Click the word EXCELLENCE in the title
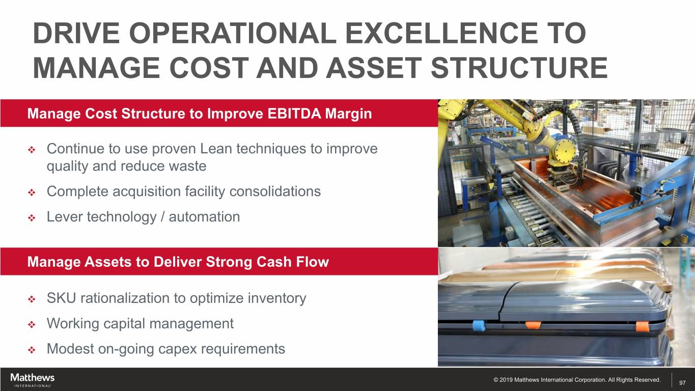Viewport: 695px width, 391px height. (x=441, y=33)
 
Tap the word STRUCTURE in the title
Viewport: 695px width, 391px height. (x=519, y=68)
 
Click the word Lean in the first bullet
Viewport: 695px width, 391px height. (x=216, y=149)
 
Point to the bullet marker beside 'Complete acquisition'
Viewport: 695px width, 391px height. (x=32, y=193)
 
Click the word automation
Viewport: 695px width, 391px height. (x=204, y=216)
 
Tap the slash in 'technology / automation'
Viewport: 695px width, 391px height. (x=162, y=217)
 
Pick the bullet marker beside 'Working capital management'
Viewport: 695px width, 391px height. (x=32, y=325)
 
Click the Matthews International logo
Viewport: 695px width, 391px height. (x=32, y=380)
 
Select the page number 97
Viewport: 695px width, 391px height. (x=682, y=383)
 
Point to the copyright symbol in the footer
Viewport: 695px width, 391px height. (x=496, y=380)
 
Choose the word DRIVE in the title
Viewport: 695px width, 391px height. (x=76, y=33)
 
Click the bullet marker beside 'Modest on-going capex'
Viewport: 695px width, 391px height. (x=32, y=350)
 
